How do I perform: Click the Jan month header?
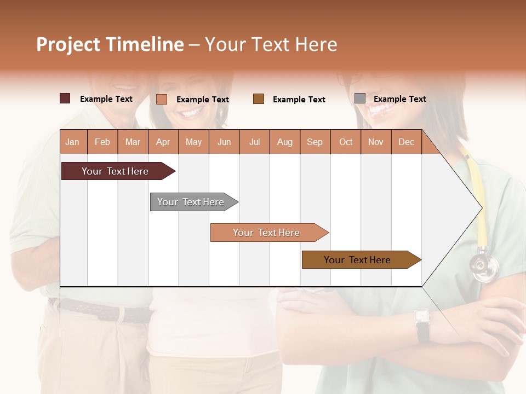point(72,142)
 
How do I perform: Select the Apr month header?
point(163,142)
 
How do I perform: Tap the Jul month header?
point(254,142)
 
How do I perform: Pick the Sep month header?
point(315,142)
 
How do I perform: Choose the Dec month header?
point(406,142)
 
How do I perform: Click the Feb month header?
point(102,142)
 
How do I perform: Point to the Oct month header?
point(346,142)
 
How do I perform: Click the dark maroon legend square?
point(65,99)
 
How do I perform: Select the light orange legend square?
point(161,99)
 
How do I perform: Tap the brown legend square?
point(259,99)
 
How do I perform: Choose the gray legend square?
point(359,98)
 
